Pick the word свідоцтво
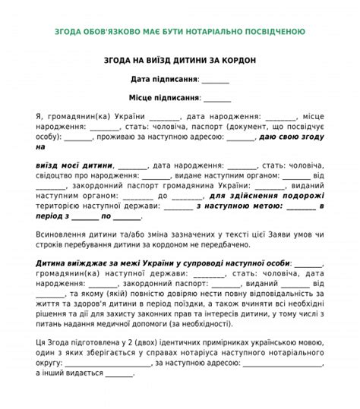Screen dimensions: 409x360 point(57,175)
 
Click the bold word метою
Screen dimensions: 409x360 point(270,206)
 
